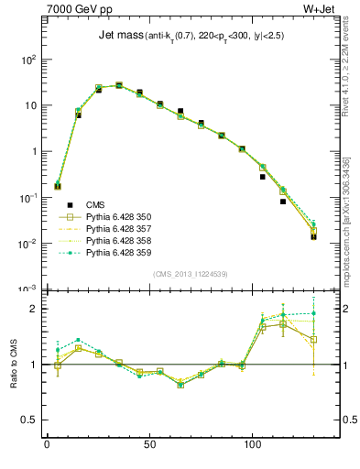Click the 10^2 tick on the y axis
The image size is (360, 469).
coord(27,60)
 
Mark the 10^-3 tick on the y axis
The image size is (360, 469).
coord(27,289)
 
